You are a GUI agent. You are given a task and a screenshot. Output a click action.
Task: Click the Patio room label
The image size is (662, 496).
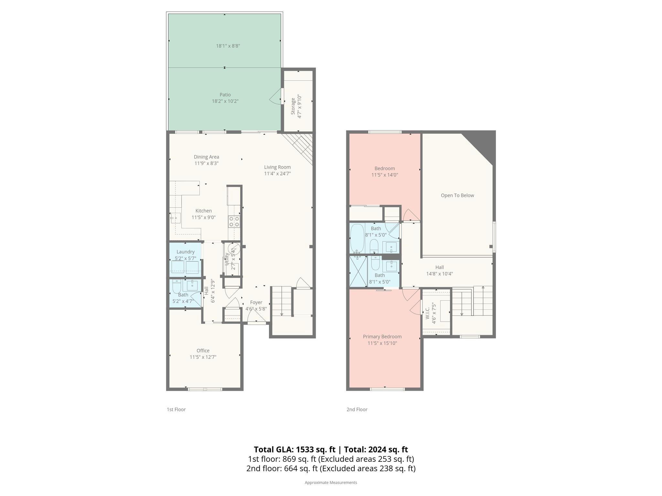(x=225, y=95)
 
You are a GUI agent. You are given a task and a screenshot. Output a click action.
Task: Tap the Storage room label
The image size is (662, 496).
(x=293, y=106)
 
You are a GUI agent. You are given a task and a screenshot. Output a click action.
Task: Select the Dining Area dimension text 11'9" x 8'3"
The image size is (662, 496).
(x=207, y=163)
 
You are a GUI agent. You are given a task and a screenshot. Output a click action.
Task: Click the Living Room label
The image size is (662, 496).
(x=277, y=167)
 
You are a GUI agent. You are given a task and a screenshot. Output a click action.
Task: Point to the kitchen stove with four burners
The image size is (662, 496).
(x=234, y=222)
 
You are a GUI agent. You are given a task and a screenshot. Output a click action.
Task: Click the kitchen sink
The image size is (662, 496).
(x=176, y=218)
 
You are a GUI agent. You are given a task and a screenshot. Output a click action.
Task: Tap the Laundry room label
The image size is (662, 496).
(x=186, y=252)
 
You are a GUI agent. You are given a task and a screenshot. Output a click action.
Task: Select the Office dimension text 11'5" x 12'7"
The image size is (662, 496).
(x=203, y=357)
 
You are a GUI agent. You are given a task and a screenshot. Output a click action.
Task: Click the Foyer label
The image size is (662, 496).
(x=256, y=302)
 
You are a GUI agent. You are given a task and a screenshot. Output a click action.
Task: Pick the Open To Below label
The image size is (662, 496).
(x=457, y=195)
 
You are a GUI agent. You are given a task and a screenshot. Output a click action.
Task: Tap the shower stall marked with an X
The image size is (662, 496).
(x=358, y=272)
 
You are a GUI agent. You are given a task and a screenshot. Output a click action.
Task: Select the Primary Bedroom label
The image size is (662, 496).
(x=382, y=336)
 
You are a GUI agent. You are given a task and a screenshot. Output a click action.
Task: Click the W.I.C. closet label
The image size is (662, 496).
(x=427, y=313)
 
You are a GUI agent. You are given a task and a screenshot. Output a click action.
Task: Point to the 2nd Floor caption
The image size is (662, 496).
(x=357, y=409)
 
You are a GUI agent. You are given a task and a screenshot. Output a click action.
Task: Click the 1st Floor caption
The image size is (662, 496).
(x=176, y=409)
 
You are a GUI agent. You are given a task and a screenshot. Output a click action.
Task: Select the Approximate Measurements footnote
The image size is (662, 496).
(x=331, y=482)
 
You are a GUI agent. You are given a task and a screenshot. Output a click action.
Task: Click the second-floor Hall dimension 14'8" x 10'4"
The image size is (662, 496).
(x=439, y=274)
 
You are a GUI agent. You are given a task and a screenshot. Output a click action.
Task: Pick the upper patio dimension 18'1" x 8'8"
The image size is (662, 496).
(x=228, y=46)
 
